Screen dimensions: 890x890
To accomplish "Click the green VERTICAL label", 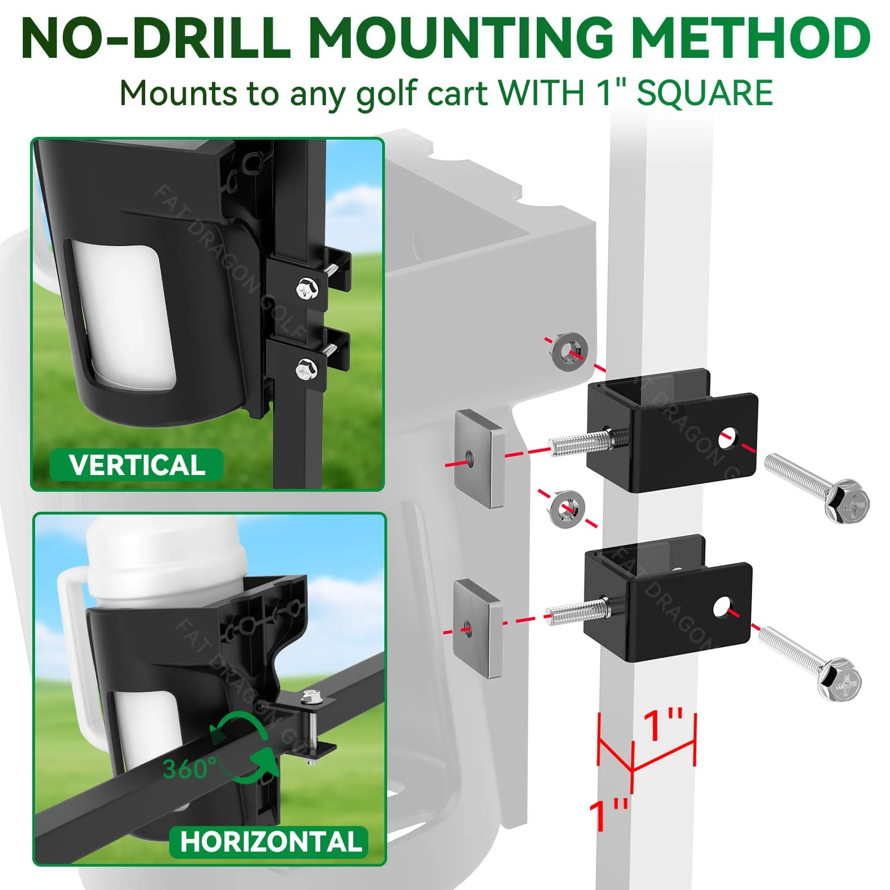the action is tap(137, 465).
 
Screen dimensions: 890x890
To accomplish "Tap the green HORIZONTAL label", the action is tap(269, 842).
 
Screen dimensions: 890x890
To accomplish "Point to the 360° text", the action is tap(186, 769).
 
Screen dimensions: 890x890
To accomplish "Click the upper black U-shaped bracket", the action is tap(672, 431).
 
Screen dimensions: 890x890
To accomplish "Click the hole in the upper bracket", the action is tap(726, 439).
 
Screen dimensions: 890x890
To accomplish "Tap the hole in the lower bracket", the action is tap(721, 607).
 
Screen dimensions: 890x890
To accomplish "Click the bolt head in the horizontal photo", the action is tap(309, 695).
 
